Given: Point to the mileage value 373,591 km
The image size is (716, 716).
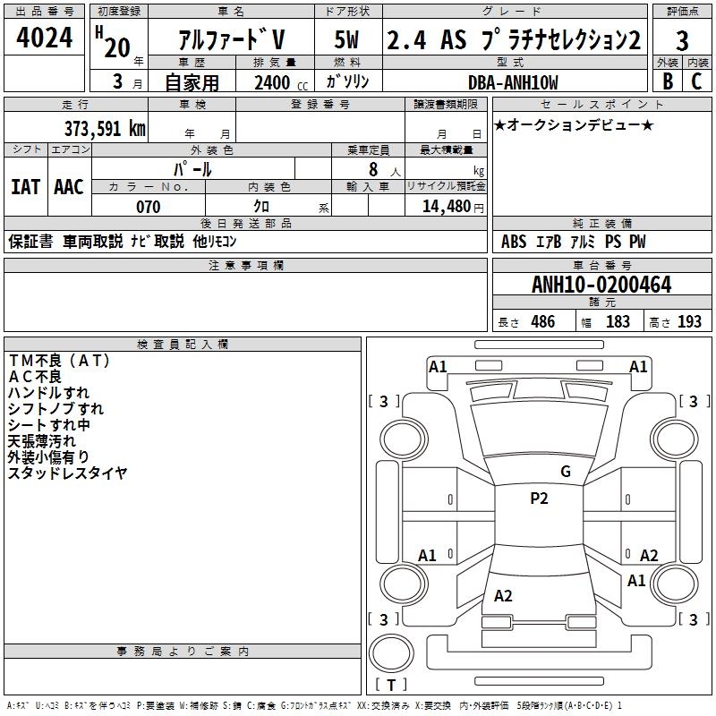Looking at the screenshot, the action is [104, 128].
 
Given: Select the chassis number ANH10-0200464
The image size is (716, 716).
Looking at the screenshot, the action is [601, 285].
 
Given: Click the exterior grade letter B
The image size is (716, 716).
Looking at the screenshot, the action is [667, 82].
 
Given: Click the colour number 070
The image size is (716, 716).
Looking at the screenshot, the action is [148, 207].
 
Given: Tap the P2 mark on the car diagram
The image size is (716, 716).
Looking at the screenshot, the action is [539, 499].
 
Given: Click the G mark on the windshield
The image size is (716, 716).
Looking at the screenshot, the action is [565, 471].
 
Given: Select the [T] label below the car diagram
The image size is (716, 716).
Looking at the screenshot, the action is [390, 686].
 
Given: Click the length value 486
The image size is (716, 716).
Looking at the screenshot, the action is [542, 322].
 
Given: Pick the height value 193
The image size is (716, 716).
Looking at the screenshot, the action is [690, 322].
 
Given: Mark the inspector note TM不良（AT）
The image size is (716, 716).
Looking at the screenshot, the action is [59, 360].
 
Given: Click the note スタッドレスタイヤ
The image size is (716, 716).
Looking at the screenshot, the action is [68, 473].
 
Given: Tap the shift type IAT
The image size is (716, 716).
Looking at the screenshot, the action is [25, 187].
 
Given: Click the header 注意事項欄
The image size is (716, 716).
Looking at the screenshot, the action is [246, 266].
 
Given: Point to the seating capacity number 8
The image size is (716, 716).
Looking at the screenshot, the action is [371, 169].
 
